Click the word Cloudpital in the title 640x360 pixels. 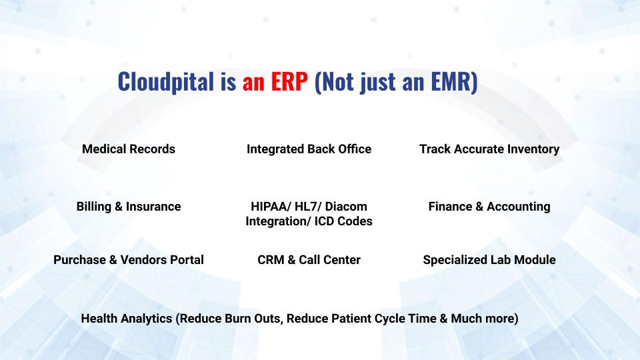click(x=166, y=81)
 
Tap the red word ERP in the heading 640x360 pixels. click(x=289, y=81)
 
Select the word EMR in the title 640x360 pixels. click(x=451, y=81)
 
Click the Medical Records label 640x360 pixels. click(x=129, y=149)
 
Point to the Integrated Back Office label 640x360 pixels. click(x=309, y=149)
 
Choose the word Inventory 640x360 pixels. click(x=533, y=149)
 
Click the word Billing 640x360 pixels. click(x=94, y=207)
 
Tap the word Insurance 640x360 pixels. click(x=153, y=207)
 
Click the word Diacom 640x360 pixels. click(x=346, y=207)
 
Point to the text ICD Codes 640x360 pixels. click(x=343, y=221)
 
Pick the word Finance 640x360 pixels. click(x=450, y=207)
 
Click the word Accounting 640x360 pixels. click(x=519, y=207)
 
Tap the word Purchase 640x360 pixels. click(x=79, y=260)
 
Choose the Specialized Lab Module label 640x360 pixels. click(x=489, y=260)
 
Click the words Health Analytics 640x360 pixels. click(x=127, y=319)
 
